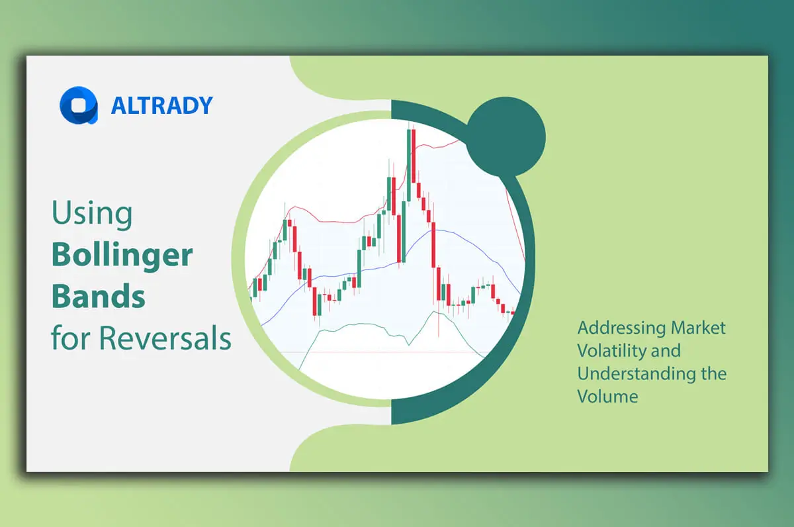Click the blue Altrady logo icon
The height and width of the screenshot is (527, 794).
point(78,106)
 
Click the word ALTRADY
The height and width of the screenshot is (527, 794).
point(161,106)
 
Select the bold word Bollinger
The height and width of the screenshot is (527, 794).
point(122,256)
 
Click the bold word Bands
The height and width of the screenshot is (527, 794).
point(99,297)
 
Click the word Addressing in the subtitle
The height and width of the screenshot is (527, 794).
point(621,328)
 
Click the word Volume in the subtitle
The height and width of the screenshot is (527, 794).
point(607,397)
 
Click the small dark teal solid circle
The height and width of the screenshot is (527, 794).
point(506,137)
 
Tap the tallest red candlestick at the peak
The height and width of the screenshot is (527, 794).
point(413,156)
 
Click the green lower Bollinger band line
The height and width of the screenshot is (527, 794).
point(357,324)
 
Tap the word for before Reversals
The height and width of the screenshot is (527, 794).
point(71,339)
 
